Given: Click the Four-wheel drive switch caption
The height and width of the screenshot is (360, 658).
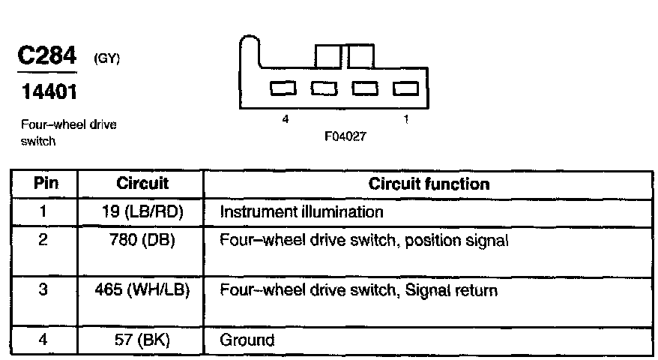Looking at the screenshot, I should coord(68,132).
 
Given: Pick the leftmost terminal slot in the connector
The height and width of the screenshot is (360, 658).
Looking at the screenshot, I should coord(283,88).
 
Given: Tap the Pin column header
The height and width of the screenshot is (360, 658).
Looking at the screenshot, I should coord(44,184).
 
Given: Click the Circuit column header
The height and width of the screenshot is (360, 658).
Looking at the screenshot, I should coord(142,184).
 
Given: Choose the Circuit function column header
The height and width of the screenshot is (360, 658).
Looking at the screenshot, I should coord(429,184).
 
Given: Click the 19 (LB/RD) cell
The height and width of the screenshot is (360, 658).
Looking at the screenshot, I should coord(142,211).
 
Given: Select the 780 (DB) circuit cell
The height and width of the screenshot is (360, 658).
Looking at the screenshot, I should coord(142,241).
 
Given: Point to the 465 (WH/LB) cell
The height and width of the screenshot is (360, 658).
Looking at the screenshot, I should coord(142,289).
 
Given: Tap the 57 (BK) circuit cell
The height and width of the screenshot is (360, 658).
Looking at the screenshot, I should coord(142,340).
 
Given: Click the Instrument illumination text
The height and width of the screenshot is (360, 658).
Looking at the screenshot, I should coord(301,211).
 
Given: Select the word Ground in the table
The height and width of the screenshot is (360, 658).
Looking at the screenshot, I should coord(247,340).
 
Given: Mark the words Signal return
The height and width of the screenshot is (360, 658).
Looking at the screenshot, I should coord(452,289).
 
